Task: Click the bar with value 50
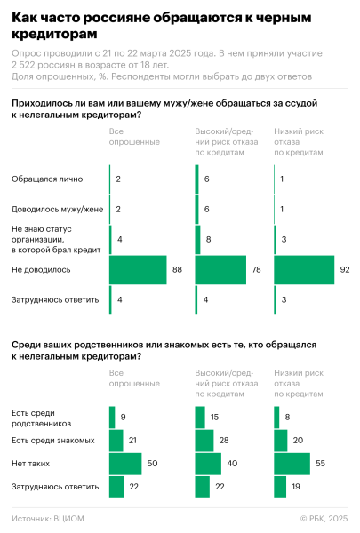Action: (x=124, y=463)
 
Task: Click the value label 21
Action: (x=133, y=439)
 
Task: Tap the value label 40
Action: (x=231, y=463)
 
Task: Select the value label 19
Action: (x=297, y=487)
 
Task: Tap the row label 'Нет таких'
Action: (x=28, y=463)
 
